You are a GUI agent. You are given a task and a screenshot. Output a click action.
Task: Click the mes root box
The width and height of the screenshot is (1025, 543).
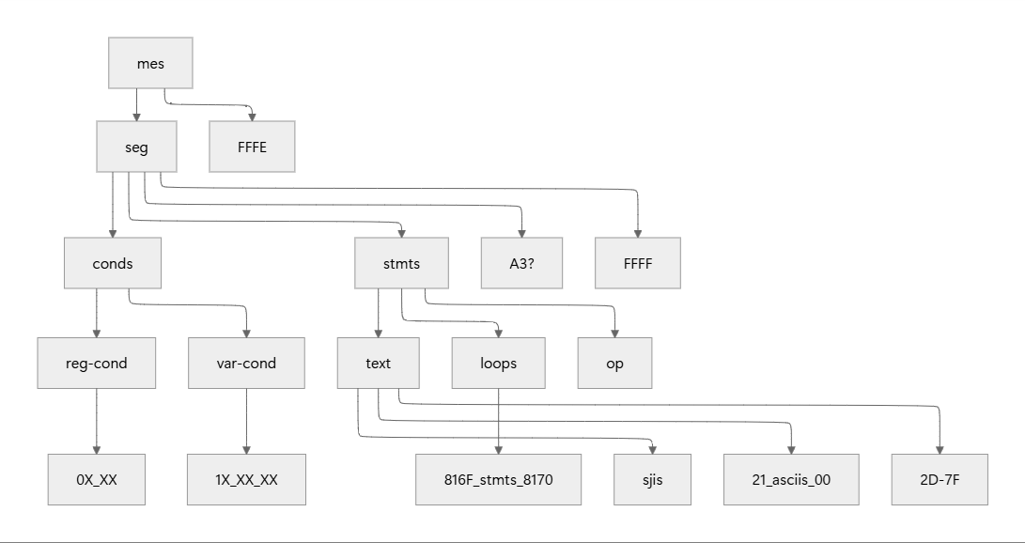(x=150, y=63)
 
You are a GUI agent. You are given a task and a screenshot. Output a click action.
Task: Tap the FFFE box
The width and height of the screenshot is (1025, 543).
(x=252, y=147)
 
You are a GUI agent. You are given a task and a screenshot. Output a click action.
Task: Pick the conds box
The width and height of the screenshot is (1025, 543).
(x=113, y=263)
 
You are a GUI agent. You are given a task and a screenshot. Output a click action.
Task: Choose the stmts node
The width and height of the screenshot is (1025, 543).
(x=401, y=263)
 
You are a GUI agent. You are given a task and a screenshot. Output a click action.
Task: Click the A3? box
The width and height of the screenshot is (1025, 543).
(x=521, y=263)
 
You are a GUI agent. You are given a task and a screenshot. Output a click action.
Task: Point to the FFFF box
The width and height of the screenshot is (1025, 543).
(x=638, y=263)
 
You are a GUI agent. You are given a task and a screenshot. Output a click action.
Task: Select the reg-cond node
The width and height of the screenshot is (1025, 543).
(x=97, y=363)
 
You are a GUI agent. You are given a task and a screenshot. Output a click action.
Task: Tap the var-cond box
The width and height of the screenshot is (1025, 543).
(x=246, y=363)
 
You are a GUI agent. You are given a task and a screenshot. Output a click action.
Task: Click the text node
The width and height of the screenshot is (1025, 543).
(x=378, y=363)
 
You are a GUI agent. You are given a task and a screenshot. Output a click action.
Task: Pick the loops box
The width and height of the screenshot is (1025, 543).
(x=498, y=363)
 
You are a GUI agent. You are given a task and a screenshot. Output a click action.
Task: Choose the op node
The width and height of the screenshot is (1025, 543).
(x=615, y=363)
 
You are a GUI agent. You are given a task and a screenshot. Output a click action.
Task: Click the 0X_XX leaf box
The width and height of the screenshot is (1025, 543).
(x=97, y=479)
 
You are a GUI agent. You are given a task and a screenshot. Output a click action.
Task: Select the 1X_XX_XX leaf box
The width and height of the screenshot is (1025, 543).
(x=246, y=479)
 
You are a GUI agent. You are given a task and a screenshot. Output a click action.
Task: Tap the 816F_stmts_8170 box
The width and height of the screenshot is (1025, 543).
(x=499, y=479)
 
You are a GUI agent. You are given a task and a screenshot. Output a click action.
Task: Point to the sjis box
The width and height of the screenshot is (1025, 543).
(x=653, y=479)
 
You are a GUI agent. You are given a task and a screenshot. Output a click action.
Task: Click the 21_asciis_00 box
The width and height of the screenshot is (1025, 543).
(x=791, y=479)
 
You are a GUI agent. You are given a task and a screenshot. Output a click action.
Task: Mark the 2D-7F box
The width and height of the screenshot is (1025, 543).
(x=940, y=479)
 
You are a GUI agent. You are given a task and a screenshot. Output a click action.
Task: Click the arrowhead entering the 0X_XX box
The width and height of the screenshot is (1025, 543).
(x=97, y=449)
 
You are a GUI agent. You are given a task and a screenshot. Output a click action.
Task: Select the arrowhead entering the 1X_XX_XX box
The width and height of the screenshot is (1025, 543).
(x=246, y=449)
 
